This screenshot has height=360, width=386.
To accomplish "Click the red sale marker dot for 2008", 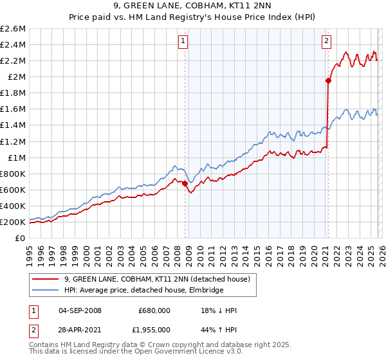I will coord(185,183).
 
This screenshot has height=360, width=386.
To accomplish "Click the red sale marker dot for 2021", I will coord(328,80).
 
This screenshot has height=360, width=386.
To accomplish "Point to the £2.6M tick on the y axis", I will coord(13,29).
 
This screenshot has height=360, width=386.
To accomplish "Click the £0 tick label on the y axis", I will coord(21,238).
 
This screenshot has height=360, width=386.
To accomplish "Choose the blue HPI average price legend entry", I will coord(143,291).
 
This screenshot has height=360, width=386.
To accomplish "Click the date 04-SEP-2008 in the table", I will coord(80,310).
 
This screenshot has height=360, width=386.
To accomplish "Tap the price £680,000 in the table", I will coord(154,310).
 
